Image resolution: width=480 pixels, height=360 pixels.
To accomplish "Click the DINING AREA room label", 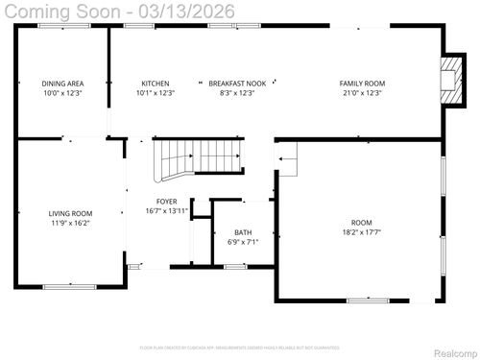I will point(61,84).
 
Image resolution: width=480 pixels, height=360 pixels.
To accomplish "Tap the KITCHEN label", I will point(156,84).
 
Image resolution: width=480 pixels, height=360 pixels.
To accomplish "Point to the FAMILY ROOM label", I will point(362,84).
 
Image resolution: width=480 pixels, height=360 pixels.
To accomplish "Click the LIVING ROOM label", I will point(70,213).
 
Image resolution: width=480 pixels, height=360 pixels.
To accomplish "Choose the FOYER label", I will point(166,202).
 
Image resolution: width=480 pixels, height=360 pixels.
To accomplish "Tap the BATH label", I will point(244,232).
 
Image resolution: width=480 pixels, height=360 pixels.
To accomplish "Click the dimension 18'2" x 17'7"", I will point(361,231).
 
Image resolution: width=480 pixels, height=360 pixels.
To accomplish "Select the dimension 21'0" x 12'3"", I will point(362,93).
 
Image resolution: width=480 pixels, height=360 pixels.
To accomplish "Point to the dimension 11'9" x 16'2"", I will point(70,223).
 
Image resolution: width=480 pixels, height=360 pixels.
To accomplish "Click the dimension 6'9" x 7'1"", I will point(244,242).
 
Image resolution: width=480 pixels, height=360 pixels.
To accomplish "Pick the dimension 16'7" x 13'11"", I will point(166,211).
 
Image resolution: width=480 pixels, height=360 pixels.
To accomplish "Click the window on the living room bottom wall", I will point(69,286).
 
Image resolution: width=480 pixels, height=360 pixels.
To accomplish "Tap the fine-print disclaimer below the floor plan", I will point(239,347).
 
